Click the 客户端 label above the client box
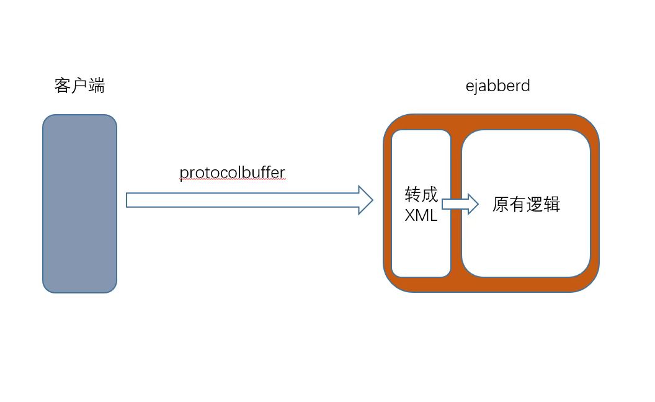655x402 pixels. pos(79,86)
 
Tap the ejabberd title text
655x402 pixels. pos(497,86)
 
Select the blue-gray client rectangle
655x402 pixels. pos(79,203)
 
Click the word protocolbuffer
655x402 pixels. pos(232,172)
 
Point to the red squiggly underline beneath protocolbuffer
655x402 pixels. pos(232,180)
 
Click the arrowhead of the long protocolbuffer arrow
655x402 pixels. pos(366,200)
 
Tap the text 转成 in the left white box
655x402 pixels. pos(421,195)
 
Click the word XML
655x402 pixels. pos(421,216)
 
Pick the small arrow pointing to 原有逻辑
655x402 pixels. pos(460,203)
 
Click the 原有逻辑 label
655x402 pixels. pos(526,205)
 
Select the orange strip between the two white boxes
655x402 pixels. pos(457,248)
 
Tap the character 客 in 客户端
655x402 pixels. pos(63,86)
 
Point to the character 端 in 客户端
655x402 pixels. pos(97,86)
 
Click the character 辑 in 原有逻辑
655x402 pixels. pos(552,205)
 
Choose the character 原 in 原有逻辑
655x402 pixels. pos(501,205)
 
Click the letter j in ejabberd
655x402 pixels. pos(475,86)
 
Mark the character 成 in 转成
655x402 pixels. pos(430,195)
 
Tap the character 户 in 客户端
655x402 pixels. pos(79,86)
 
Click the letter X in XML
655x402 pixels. pos(410,216)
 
